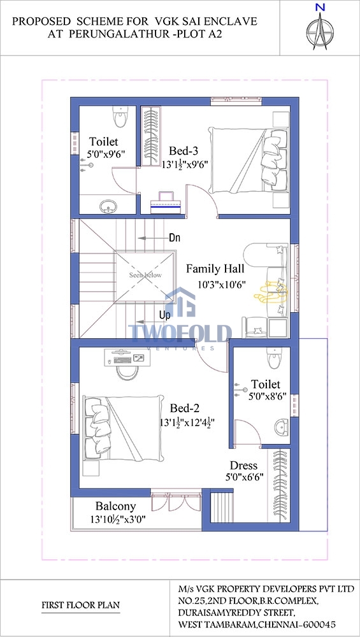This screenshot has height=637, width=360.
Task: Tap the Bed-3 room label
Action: click(184, 152)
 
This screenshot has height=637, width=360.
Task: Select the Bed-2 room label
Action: click(185, 408)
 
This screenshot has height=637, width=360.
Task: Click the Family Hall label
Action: click(215, 269)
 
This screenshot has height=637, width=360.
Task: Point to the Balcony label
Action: click(115, 506)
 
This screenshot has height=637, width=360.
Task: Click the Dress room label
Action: click(244, 466)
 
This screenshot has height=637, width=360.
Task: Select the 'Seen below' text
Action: click(145, 275)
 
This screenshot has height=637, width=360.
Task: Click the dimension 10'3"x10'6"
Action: click(222, 285)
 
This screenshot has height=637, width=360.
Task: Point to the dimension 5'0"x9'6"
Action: click(106, 154)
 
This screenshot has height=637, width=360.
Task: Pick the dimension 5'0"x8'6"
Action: click(268, 396)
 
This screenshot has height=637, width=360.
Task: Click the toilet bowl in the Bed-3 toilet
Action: click(120, 117)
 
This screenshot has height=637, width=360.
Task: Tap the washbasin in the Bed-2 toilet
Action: click(281, 427)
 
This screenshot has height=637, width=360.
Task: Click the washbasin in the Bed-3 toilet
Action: click(108, 207)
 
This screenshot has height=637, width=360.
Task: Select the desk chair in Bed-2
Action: click(127, 372)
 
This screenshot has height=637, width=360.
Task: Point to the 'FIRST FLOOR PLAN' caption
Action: click(81, 605)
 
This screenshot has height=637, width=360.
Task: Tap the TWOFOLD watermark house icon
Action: click(180, 302)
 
